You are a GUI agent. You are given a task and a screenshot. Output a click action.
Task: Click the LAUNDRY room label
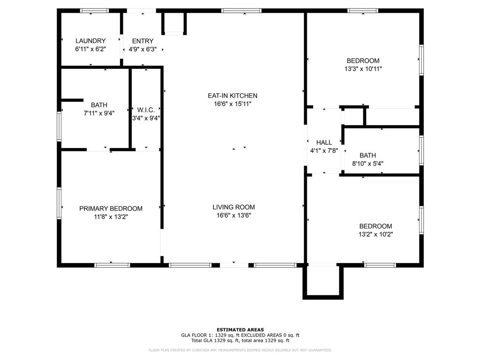click(x=90, y=41)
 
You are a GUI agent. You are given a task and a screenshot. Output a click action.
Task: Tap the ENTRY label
click(x=142, y=41)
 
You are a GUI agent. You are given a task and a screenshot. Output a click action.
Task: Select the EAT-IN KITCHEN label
click(x=232, y=96)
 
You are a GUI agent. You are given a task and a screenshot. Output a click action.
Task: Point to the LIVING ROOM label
click(x=233, y=207)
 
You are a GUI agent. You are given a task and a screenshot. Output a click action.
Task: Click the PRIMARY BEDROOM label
click(x=111, y=209)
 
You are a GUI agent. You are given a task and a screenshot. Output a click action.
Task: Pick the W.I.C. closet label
click(x=146, y=110)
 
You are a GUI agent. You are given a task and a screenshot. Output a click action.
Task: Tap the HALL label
click(x=324, y=142)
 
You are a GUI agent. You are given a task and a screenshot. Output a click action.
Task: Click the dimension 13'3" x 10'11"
click(x=363, y=69)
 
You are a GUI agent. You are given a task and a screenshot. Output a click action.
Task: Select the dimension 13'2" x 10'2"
click(x=375, y=234)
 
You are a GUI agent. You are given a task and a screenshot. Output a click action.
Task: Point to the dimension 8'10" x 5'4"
click(x=367, y=164)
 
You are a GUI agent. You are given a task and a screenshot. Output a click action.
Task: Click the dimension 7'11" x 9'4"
click(x=99, y=113)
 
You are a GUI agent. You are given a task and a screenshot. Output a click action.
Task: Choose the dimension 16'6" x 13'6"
click(x=233, y=215)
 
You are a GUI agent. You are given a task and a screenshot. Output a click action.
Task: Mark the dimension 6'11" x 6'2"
click(x=90, y=49)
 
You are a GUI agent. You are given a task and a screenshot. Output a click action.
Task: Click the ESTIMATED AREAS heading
click(x=240, y=330)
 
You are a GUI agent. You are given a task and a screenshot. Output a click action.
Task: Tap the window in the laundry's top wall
click(x=95, y=11)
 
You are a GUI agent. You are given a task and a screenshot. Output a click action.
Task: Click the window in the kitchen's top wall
click(x=241, y=11)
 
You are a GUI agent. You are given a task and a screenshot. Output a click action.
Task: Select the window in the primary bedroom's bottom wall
click(x=112, y=265)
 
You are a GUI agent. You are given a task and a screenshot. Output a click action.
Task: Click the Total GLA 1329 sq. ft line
click(x=240, y=340)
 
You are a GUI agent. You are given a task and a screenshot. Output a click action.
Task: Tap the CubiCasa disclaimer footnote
click(x=240, y=350)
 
